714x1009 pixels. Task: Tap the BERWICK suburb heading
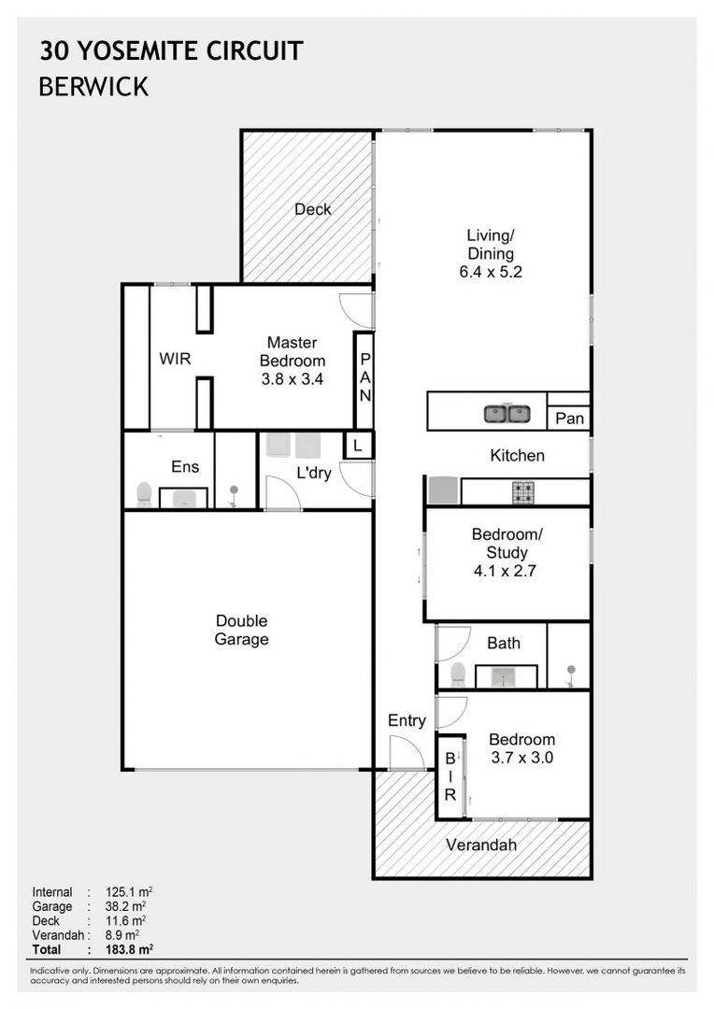(93, 87)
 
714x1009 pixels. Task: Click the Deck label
(312, 209)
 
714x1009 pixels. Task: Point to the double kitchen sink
(507, 413)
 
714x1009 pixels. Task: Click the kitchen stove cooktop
(522, 490)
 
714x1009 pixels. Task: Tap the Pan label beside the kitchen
(569, 419)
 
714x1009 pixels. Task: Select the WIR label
(175, 359)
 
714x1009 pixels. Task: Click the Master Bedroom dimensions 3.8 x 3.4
(292, 379)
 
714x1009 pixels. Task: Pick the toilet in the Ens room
(144, 493)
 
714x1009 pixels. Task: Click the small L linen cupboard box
(358, 447)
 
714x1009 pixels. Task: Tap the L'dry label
(314, 473)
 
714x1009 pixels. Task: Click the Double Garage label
(241, 631)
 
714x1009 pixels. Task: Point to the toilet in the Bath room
(458, 673)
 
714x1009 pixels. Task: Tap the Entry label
(407, 720)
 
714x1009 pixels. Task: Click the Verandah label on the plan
(481, 846)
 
